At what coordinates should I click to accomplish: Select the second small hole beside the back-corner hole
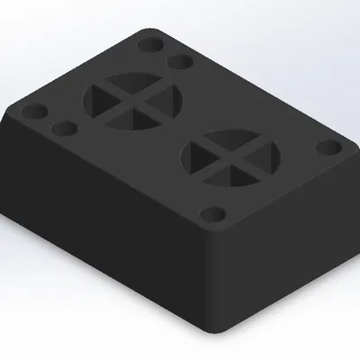pos(180,62)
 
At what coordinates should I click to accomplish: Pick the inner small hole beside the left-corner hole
pos(63,129)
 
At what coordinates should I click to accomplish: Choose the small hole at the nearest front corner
pos(212,215)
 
